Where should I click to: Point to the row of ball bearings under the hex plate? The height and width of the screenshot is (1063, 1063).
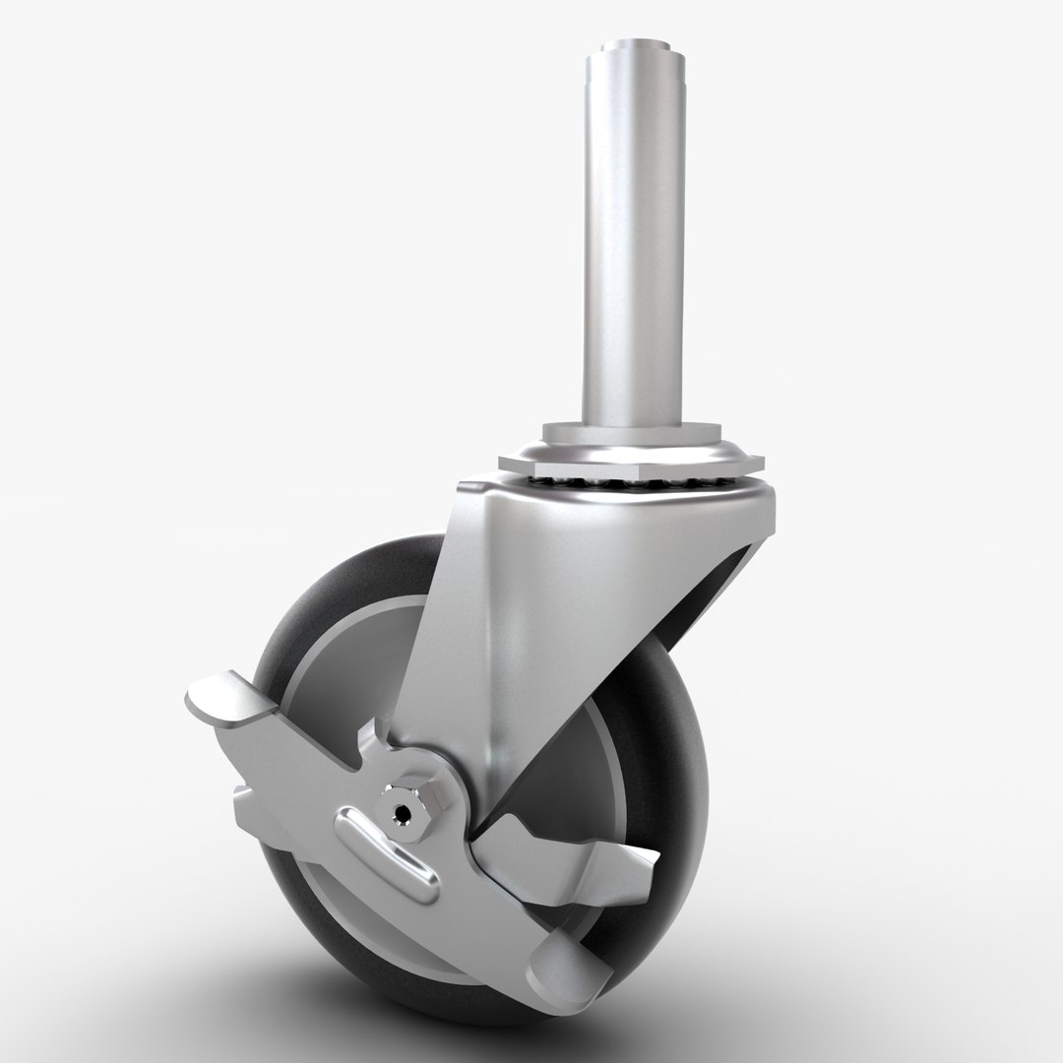coord(630,482)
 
